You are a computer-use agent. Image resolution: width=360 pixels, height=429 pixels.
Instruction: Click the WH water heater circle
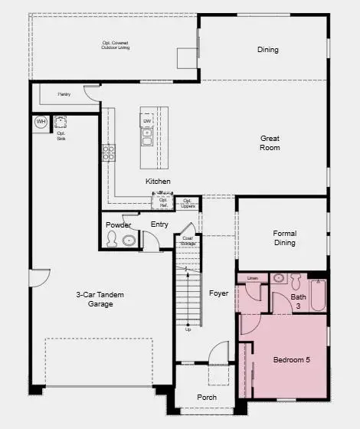pos(41,122)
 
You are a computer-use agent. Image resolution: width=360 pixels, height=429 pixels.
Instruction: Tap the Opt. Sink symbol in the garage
pos(61,121)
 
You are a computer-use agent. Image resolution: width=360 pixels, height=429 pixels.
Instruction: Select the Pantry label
pos(64,95)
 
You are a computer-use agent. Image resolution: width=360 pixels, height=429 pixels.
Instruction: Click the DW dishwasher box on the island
pos(146,120)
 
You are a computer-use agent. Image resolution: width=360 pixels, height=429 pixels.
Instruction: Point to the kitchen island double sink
pos(146,136)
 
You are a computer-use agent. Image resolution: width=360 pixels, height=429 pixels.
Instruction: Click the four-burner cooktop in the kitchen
pos(109,152)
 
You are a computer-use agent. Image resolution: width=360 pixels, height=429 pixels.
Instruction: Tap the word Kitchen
pos(158,181)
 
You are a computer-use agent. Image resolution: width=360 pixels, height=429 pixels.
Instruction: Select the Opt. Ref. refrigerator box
pos(162,202)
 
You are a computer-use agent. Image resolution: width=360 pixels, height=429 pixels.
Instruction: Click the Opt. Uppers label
pos(188,202)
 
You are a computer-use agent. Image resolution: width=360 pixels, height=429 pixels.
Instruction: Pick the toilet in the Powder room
pos(113,241)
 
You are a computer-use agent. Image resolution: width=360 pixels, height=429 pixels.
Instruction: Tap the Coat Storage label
pos(188,241)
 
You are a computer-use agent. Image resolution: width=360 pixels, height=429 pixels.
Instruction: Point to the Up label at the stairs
pos(188,329)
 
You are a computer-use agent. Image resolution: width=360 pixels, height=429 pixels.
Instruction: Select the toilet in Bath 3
pos(278,278)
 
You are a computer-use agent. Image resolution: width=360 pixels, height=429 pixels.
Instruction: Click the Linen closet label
pos(252,277)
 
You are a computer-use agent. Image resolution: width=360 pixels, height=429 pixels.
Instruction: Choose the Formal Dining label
pos(284,237)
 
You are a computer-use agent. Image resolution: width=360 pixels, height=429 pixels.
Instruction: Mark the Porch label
pos(206,397)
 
